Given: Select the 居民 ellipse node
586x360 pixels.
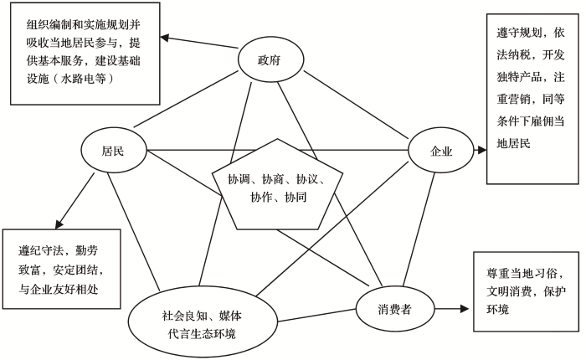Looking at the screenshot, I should (113, 152).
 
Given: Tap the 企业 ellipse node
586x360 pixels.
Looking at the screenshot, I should (440, 152).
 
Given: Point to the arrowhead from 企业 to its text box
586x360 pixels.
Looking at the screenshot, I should (481, 152).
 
